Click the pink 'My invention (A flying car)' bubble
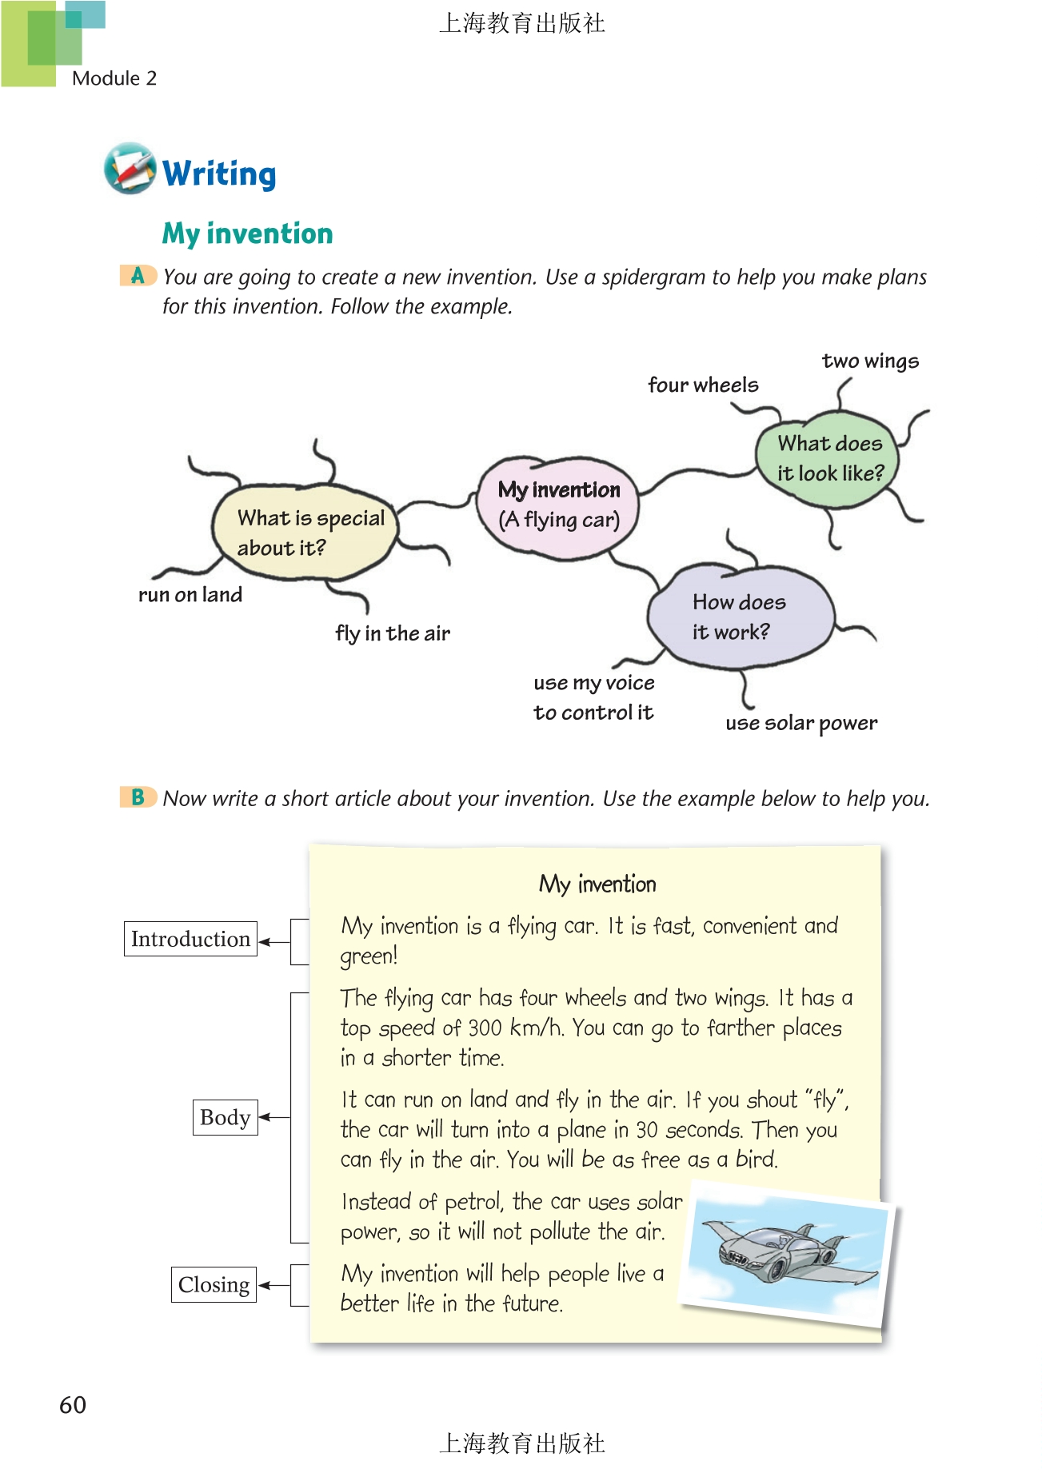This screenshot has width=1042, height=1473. pos(558,505)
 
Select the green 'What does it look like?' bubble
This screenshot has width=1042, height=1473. pos(828,459)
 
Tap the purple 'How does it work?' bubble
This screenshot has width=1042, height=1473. pos(740,617)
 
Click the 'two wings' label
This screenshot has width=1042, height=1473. pos(870,361)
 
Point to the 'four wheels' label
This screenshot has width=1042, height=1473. pos(703,385)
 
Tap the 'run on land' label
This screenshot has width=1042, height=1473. pos(190,595)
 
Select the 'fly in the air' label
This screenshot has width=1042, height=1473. pos(393,634)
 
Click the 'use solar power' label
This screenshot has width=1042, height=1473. pos(801,724)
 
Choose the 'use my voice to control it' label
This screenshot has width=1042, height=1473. pos(594,697)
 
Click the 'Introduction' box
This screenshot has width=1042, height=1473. pos(190,939)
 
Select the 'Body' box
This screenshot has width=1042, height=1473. pos(225,1117)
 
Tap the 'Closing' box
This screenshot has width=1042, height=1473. pos(214,1284)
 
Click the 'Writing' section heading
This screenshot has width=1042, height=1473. pos(219,174)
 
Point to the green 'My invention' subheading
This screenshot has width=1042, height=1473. pos(247,234)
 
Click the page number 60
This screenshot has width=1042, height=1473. pos(73,1405)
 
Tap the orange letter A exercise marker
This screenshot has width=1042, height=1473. pos(138,276)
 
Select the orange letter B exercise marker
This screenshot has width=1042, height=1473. pos(138,797)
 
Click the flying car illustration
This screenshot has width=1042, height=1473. pos(788,1251)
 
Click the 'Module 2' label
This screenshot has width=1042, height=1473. pos(114,78)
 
